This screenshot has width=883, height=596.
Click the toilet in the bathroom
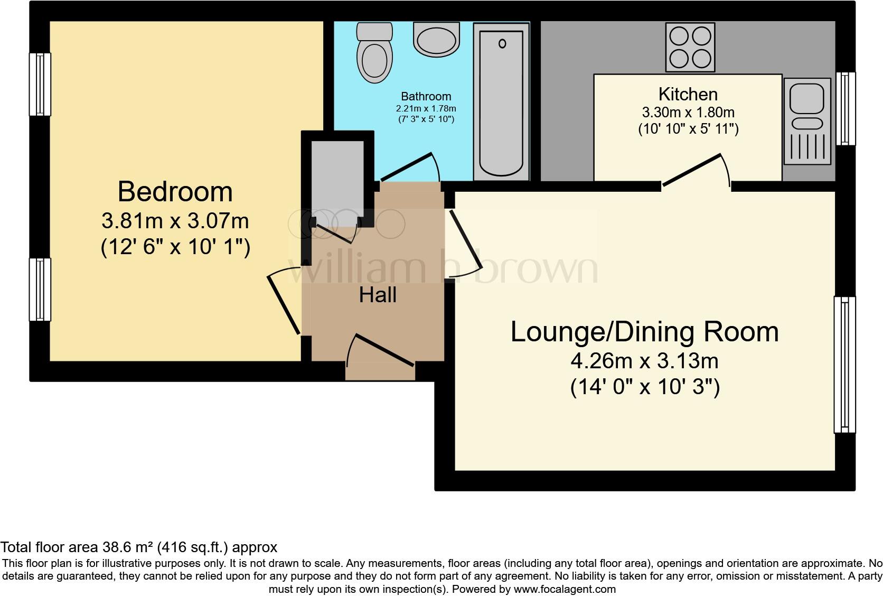coord(374,55)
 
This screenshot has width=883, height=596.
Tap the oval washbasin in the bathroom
coord(436,40)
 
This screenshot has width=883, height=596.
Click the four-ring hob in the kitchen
coord(690,47)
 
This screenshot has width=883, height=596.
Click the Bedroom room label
coord(175,191)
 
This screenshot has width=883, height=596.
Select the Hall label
coord(378,295)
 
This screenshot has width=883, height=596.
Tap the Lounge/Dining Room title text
coord(644,332)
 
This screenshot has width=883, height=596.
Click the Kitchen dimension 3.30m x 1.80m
coord(688,112)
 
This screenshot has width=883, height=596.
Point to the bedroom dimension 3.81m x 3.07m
coord(175,221)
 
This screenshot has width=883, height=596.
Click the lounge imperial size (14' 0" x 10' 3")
coord(645,388)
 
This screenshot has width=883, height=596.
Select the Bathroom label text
coord(426,96)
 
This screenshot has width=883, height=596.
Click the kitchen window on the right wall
coord(846,108)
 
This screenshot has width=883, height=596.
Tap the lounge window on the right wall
coord(844,365)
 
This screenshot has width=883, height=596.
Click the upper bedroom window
coord(40,84)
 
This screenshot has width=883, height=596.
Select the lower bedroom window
coord(40,289)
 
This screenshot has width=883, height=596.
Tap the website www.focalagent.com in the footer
coord(564,589)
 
